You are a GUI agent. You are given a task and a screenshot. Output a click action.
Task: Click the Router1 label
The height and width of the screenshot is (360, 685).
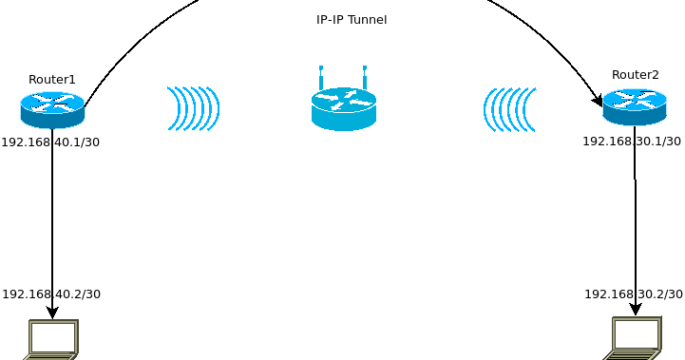tap(52, 80)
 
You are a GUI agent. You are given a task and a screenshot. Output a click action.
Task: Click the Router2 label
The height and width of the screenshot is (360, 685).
tap(635, 75)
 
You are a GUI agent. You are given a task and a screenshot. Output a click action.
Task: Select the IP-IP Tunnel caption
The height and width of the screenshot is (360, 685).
tap(352, 20)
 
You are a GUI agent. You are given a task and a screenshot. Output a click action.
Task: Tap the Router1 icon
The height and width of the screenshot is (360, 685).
tap(52, 109)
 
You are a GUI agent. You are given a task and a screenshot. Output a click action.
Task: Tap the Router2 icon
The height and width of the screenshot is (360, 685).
tap(635, 106)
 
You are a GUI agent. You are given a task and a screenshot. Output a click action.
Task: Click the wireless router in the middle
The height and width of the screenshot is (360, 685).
tap(344, 107)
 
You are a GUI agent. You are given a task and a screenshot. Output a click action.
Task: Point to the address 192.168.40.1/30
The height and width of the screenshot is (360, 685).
tap(50, 142)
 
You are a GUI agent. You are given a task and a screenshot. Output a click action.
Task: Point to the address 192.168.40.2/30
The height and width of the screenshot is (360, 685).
tap(51, 294)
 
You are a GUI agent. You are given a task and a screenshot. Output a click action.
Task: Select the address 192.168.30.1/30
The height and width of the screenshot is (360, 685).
tap(632, 142)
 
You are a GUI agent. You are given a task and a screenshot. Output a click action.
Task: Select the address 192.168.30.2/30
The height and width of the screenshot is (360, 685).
tap(634, 294)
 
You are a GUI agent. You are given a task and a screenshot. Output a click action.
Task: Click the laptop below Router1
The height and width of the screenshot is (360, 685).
tap(52, 339)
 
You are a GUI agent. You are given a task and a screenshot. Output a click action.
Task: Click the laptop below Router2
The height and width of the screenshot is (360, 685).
tap(634, 338)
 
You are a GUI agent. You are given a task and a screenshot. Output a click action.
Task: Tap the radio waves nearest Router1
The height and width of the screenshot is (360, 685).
tap(193, 108)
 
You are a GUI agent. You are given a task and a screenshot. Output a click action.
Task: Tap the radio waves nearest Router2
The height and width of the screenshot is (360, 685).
tap(510, 109)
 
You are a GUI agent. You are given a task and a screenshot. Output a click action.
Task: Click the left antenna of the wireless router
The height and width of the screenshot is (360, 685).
tap(321, 77)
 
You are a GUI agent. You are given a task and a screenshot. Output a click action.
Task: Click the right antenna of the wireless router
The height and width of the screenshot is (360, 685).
tap(365, 77)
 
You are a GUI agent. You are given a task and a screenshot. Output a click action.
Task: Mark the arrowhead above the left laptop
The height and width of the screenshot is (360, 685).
tap(52, 313)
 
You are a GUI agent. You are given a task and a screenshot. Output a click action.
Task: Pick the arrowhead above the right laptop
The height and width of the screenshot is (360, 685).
tap(635, 309)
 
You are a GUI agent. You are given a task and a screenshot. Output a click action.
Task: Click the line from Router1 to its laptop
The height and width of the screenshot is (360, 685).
tap(52, 218)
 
